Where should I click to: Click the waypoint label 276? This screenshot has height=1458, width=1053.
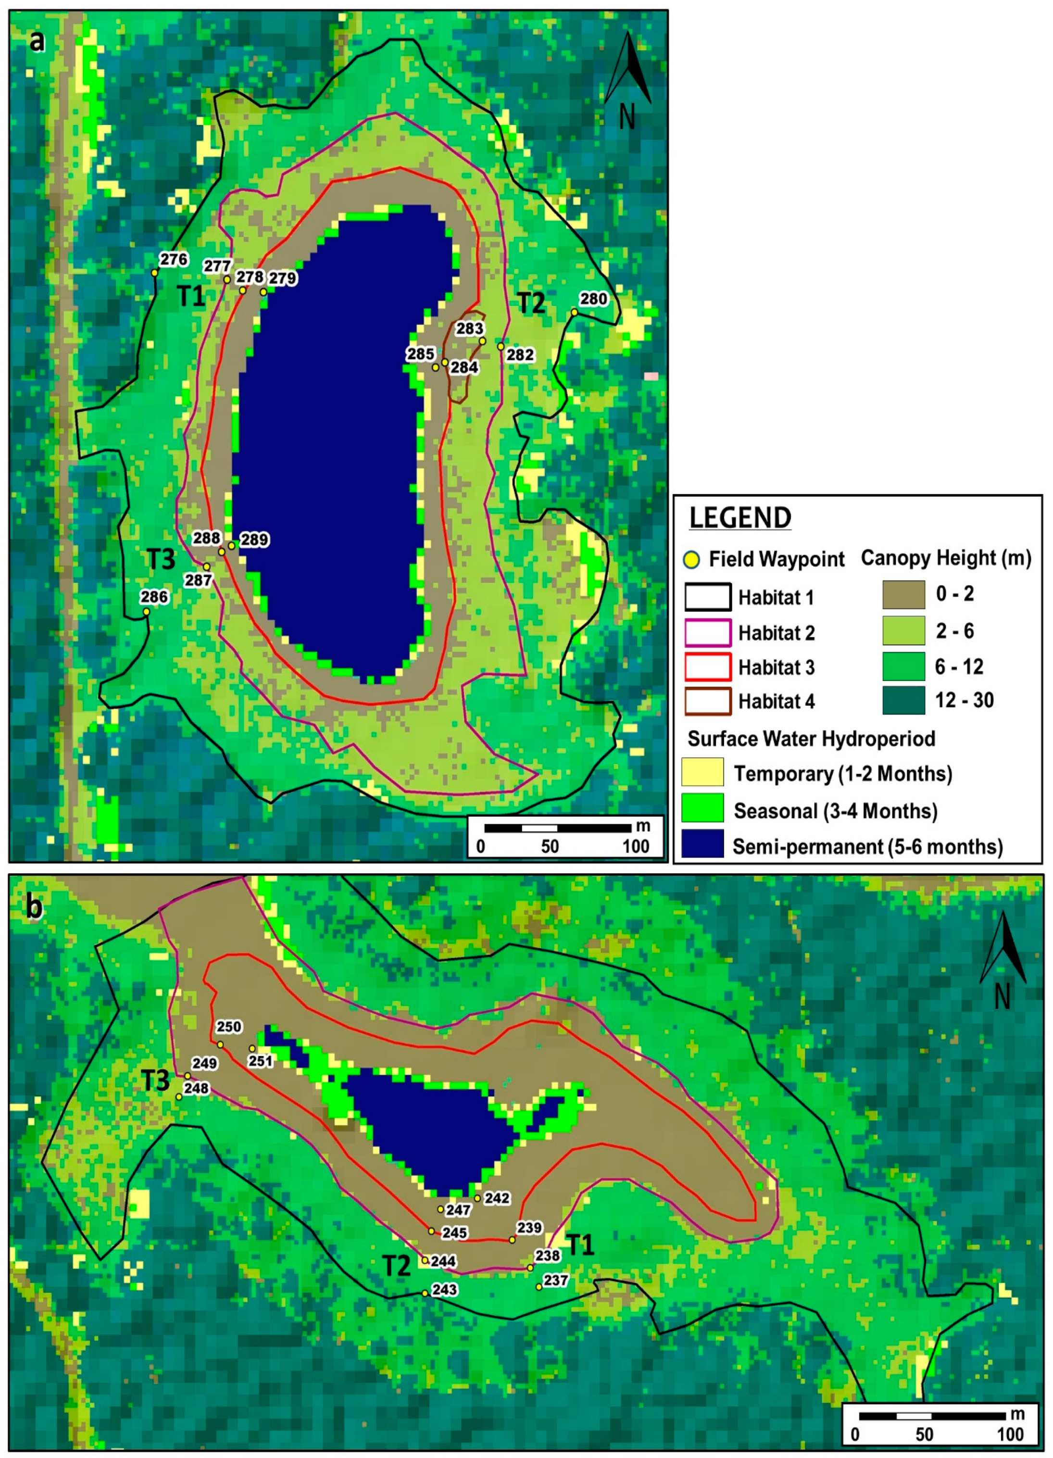174,259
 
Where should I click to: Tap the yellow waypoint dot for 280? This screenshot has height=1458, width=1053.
574,313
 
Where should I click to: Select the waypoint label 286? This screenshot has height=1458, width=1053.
154,597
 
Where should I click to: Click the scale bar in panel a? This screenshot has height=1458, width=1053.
557,828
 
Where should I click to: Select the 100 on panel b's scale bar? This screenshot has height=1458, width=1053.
1010,1434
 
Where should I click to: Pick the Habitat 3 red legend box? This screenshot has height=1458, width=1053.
708,667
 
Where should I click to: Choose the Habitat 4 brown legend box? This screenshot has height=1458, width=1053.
708,702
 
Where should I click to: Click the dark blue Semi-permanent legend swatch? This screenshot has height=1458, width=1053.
702,845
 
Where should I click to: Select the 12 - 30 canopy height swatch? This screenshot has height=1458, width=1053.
903,701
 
